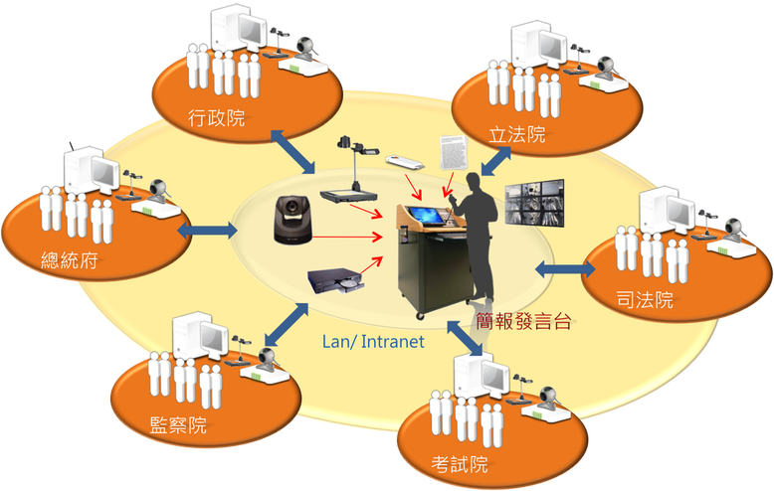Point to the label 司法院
644,299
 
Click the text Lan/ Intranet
374,341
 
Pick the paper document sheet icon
451,152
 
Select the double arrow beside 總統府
207,231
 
